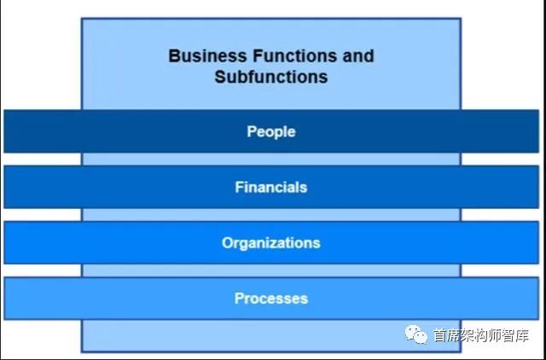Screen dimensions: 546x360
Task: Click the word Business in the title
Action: (207, 56)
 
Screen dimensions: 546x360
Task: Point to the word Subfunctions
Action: (271, 77)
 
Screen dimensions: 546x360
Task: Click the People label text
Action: (271, 132)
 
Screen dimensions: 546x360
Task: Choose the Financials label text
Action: (271, 188)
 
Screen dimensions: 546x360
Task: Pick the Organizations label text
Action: (271, 243)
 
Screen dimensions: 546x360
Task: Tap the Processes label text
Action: (271, 299)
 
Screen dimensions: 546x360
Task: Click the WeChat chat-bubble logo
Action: (415, 334)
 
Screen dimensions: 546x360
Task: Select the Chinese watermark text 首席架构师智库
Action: (481, 335)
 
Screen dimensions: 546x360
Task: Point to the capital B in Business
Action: (174, 56)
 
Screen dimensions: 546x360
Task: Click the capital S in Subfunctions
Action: (220, 77)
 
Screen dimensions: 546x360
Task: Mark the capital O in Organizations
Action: (228, 242)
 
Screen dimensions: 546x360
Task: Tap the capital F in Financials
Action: (239, 188)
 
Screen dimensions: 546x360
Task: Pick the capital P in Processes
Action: (239, 299)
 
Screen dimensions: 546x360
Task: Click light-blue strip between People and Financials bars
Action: (271, 160)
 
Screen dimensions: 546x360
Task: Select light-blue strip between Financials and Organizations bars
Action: (271, 214)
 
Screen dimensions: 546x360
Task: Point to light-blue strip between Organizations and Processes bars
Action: (271, 270)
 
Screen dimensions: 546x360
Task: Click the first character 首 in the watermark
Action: (440, 335)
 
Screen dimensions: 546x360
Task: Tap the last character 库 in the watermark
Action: (522, 335)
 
